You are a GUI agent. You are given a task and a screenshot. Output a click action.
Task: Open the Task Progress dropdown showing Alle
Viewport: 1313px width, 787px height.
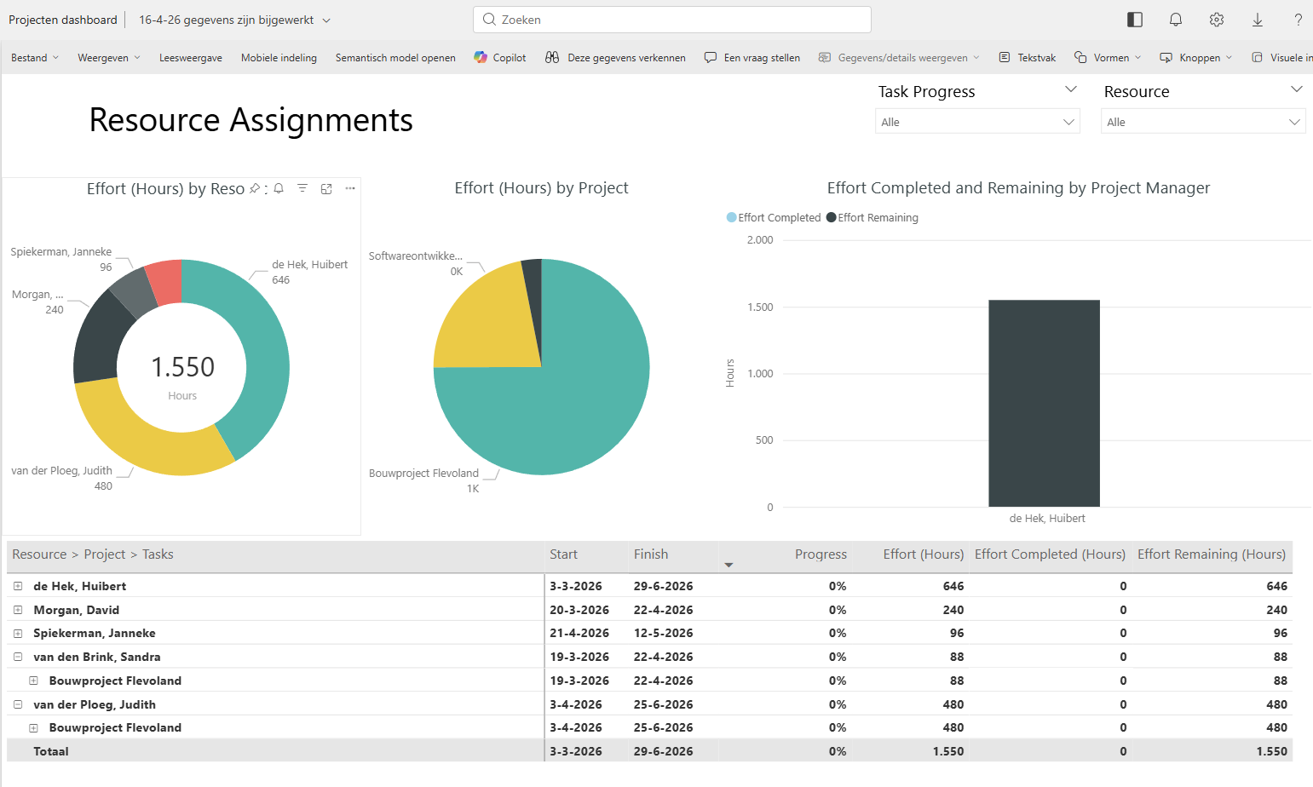click(976, 122)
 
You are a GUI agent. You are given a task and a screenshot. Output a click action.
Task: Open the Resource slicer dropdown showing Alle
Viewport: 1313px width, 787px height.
click(1202, 122)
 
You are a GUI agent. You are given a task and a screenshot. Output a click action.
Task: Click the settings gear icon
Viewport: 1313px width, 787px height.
click(1216, 20)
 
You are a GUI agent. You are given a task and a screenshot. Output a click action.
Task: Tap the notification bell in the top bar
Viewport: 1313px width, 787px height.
click(1175, 20)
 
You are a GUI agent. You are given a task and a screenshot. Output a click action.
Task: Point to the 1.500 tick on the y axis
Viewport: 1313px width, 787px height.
click(760, 307)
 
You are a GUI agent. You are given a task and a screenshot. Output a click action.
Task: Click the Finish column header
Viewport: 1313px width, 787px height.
click(651, 554)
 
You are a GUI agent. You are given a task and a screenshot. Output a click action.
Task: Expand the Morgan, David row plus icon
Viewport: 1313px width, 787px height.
click(18, 610)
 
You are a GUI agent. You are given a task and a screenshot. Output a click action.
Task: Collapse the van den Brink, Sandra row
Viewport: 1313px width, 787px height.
click(18, 657)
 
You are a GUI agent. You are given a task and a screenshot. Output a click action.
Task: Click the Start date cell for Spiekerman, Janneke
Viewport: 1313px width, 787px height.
click(576, 634)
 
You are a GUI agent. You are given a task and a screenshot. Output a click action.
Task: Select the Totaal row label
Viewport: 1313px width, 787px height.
click(51, 751)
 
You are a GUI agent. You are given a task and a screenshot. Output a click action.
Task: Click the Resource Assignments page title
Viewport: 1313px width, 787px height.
click(251, 120)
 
